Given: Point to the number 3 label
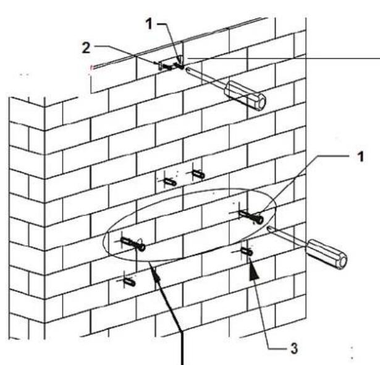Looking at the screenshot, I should [300, 348].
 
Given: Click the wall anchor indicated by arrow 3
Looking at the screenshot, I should [247, 252].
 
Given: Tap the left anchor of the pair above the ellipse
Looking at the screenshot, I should [169, 181].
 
